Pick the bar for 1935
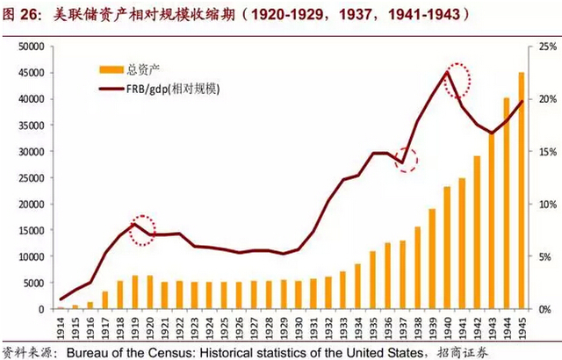coord(371,280)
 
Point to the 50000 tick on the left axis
coord(29,46)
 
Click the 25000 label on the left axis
coord(29,177)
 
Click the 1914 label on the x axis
coord(61,325)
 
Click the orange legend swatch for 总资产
coord(110,68)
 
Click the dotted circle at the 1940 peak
coord(458,79)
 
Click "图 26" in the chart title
coord(21,15)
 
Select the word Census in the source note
coord(147,350)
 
